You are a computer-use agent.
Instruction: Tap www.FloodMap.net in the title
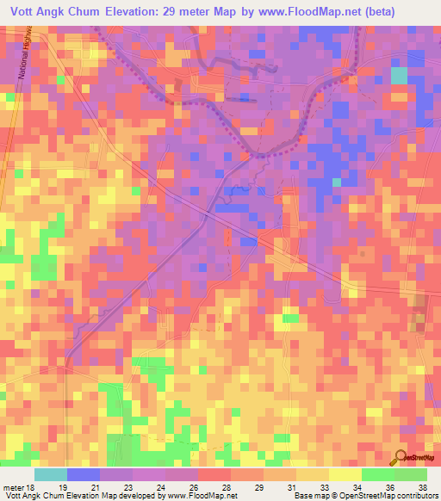pyautogui.click(x=320, y=10)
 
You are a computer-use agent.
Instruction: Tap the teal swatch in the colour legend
pyautogui.click(x=50, y=474)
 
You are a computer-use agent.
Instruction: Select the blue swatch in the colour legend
pyautogui.click(x=83, y=474)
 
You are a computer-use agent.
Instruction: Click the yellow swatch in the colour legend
pyautogui.click(x=344, y=474)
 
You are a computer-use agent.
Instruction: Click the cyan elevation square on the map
pyautogui.click(x=399, y=75)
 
